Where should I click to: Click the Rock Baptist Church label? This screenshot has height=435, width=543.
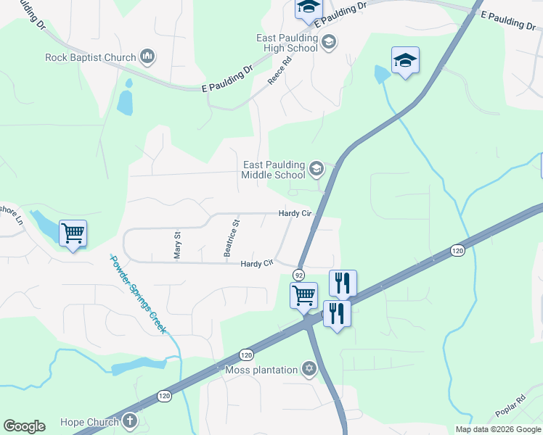point(90,57)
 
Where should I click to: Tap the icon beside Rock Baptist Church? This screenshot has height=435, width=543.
point(147,57)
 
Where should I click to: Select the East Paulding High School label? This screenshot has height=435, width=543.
point(287,43)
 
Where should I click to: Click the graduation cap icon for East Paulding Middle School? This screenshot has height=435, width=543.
point(316,170)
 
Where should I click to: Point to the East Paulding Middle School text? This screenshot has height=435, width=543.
point(274,170)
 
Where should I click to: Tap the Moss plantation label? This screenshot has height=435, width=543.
point(261,370)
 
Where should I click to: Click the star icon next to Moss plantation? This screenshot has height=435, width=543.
point(310,370)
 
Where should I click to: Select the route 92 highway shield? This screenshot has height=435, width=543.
point(298,275)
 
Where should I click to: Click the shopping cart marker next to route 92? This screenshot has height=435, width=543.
point(303,294)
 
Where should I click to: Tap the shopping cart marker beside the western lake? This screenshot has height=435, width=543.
point(73,233)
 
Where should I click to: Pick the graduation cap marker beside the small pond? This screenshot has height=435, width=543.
point(405,60)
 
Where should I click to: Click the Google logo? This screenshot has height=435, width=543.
point(24,426)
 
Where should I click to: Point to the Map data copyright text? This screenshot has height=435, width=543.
point(498,429)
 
